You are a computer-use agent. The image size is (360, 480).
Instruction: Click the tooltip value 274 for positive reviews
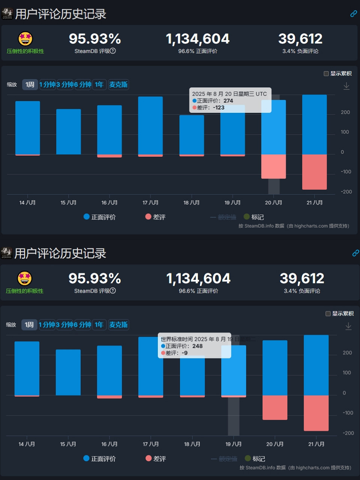228,101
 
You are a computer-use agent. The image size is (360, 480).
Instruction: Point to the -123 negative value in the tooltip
218,108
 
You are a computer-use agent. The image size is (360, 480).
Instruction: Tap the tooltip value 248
197,346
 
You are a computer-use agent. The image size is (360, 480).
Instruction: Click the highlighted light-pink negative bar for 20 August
273,166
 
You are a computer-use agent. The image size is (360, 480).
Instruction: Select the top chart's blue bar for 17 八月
150,125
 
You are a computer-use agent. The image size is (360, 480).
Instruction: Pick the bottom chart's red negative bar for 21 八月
316,413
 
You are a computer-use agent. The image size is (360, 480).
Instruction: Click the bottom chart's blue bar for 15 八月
68,372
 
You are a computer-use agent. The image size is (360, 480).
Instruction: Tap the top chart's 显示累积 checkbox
326,74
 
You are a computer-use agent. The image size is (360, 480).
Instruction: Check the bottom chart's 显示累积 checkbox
328,313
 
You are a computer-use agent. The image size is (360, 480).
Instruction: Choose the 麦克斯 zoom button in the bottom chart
118,325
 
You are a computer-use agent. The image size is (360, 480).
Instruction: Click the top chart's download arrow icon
346,86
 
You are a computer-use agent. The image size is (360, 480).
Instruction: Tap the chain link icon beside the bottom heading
355,253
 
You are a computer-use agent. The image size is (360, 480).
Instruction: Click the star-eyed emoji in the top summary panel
25,39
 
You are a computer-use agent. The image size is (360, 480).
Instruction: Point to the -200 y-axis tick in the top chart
346,192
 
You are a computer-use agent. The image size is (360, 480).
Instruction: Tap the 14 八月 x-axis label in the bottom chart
27,444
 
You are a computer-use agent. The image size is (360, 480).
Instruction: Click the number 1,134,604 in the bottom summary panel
198,279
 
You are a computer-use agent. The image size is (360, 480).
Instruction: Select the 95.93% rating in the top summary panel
95,39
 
